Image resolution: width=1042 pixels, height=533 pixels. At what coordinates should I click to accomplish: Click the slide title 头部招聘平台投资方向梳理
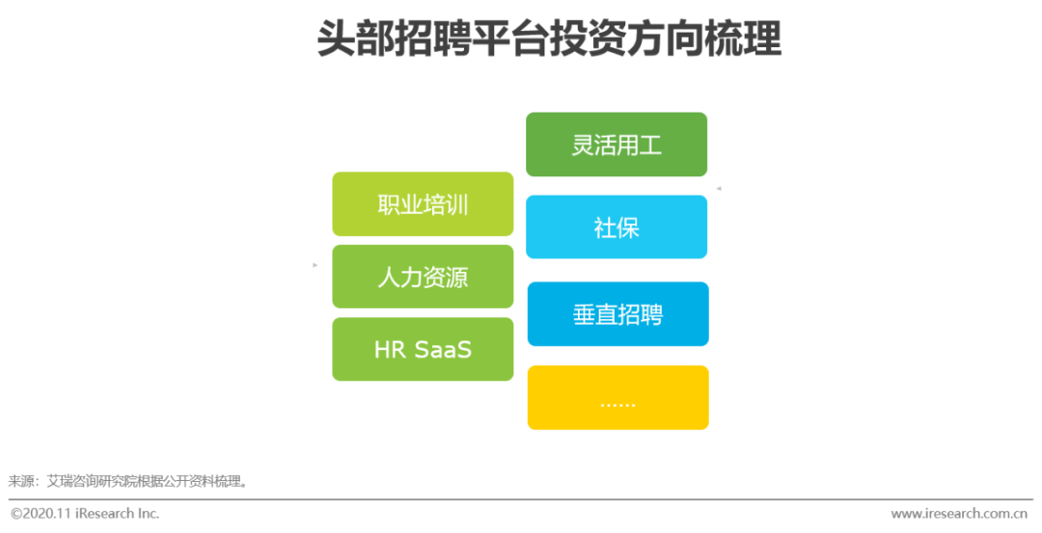pyautogui.click(x=549, y=40)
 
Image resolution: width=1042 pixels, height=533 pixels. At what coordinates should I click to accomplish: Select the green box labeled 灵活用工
pyautogui.click(x=617, y=145)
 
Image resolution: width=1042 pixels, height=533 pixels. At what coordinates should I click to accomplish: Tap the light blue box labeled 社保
pyautogui.click(x=617, y=227)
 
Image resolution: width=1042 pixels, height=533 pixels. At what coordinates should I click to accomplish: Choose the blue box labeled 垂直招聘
pyautogui.click(x=617, y=314)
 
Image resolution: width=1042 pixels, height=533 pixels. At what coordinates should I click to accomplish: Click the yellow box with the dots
pyautogui.click(x=617, y=397)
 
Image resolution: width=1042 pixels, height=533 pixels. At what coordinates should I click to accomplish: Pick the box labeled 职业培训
pyautogui.click(x=423, y=204)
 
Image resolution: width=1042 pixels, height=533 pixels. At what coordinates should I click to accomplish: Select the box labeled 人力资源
pyautogui.click(x=423, y=277)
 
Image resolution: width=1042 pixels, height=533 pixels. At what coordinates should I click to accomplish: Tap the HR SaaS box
pyautogui.click(x=423, y=349)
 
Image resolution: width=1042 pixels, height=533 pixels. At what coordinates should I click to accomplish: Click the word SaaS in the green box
pyautogui.click(x=444, y=349)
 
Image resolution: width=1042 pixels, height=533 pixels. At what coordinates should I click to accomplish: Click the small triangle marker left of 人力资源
pyautogui.click(x=315, y=265)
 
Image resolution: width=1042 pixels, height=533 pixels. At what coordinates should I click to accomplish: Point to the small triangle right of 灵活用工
pyautogui.click(x=719, y=189)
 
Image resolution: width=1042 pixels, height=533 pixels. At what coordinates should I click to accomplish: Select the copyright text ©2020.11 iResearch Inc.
pyautogui.click(x=85, y=514)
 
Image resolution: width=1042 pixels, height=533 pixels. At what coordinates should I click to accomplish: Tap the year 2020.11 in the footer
pyautogui.click(x=49, y=514)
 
